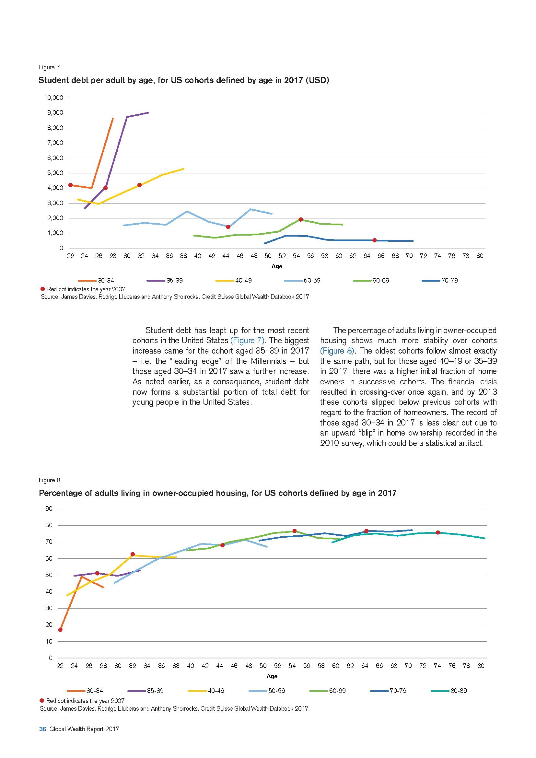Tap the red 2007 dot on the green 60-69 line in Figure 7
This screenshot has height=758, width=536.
coord(301,219)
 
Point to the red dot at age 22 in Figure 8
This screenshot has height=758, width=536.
coord(60,630)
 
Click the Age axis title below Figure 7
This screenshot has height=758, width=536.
coord(276,266)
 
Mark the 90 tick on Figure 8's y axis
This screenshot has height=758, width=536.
coord(49,508)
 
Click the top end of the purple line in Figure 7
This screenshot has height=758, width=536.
coord(148,112)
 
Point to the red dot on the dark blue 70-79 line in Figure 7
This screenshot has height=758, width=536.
coord(374,240)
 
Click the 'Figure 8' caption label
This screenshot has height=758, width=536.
coord(50,480)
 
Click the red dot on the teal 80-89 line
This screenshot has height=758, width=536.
coord(437,532)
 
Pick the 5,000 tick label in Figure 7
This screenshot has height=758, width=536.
coord(55,173)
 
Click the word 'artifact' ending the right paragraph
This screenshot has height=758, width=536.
coord(469,443)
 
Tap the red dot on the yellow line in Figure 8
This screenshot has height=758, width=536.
coord(133,554)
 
